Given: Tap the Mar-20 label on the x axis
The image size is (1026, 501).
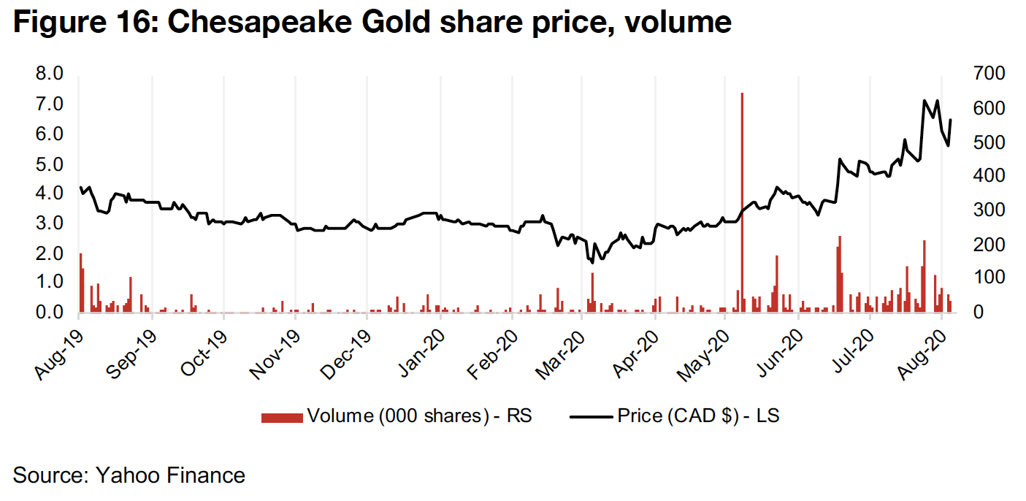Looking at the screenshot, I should coord(558,351).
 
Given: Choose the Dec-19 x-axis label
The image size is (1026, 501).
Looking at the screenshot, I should coord(342,351).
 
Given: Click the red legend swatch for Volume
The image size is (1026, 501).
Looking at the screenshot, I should coord(281,417).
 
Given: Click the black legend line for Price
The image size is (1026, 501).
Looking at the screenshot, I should coord(590,417).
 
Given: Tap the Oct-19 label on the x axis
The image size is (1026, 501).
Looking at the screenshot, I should coord(199,351).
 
